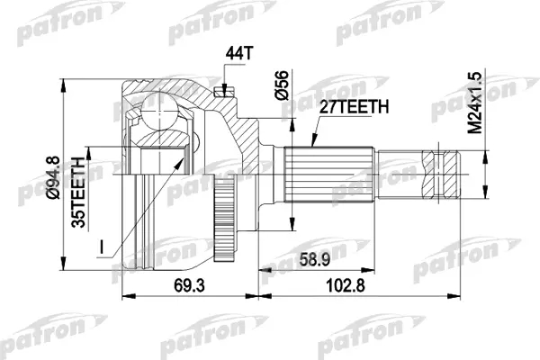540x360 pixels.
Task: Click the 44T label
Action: [x=239, y=53]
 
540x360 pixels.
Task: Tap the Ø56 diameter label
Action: [x=282, y=85]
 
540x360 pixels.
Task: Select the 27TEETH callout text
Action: [x=354, y=107]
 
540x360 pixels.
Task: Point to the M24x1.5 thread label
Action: [x=475, y=103]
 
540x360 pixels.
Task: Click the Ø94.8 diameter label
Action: [x=53, y=178]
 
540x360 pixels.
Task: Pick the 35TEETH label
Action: [x=78, y=193]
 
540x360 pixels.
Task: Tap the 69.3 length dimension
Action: [x=189, y=285]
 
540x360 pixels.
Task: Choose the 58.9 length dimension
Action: [x=315, y=259]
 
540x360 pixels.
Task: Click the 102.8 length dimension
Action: [x=346, y=285]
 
